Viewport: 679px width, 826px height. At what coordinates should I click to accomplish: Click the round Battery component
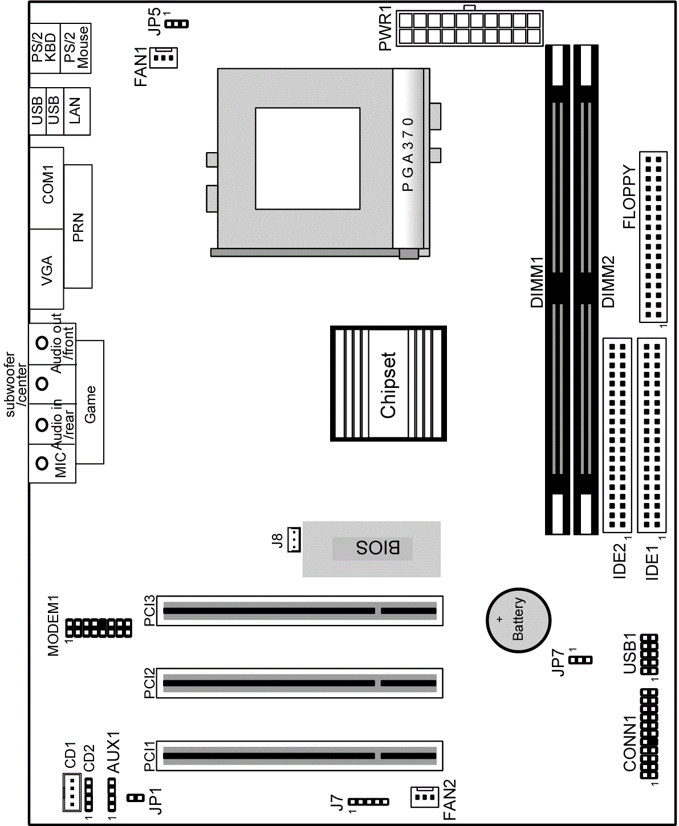(x=518, y=620)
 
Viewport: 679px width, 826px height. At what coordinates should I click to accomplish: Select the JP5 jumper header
(x=177, y=24)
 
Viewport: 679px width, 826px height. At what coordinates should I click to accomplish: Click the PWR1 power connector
(x=469, y=28)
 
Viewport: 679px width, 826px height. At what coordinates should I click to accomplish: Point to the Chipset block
(x=388, y=383)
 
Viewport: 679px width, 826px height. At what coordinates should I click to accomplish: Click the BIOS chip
(x=371, y=549)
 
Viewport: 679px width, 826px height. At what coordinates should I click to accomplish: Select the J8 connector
(x=294, y=539)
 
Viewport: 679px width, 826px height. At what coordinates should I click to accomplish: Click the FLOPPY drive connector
(x=653, y=237)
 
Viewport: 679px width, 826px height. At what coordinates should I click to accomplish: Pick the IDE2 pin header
(x=617, y=435)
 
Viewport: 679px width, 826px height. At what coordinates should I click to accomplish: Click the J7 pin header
(x=368, y=802)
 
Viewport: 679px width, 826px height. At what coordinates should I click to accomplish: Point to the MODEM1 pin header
(x=99, y=628)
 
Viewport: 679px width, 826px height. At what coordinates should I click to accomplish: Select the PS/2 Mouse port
(x=76, y=48)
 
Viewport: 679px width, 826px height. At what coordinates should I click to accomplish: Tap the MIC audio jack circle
(x=42, y=463)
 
